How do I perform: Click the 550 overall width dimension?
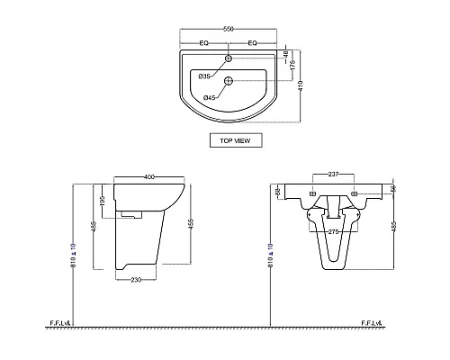click(229, 30)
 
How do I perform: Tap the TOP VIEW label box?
click(229, 139)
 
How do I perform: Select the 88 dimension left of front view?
click(278, 191)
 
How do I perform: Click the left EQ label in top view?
click(204, 41)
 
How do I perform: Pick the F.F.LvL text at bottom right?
click(373, 321)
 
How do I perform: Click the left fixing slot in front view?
click(312, 193)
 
